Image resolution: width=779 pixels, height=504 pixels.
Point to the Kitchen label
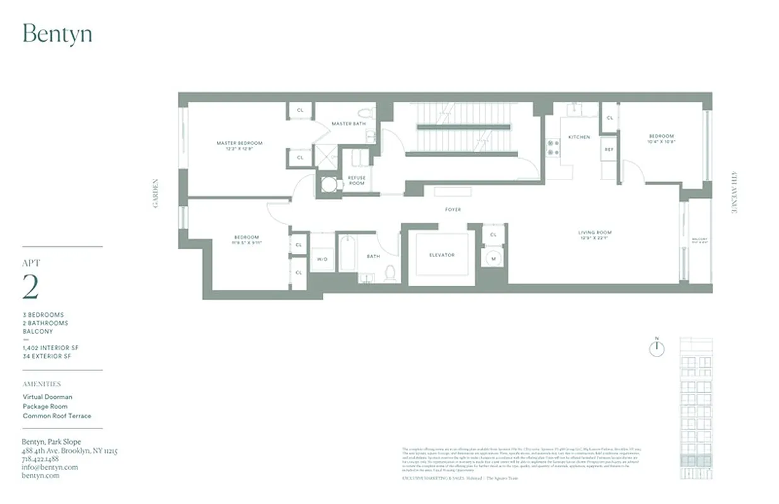[579, 137]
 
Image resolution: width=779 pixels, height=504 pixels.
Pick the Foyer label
[453, 209]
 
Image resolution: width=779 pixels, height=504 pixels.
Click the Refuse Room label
[357, 180]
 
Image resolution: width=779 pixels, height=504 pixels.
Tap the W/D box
[322, 259]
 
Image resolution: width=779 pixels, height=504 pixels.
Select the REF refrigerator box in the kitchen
[609, 149]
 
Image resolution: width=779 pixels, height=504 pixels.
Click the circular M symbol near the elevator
[492, 258]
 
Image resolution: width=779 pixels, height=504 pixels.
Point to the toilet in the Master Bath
[364, 113]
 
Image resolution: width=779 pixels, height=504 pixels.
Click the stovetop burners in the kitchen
[553, 147]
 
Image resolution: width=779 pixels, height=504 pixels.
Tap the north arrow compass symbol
[657, 348]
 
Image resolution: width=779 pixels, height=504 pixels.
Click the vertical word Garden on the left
[155, 193]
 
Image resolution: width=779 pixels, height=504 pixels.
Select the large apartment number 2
[30, 287]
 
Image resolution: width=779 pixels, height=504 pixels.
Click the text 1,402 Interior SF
[51, 348]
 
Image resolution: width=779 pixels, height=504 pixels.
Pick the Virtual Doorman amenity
[47, 397]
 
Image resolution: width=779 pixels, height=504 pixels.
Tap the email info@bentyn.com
[50, 467]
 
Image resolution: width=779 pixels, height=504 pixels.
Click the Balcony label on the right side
[700, 240]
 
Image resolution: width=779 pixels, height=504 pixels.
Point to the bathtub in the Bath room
[347, 253]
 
